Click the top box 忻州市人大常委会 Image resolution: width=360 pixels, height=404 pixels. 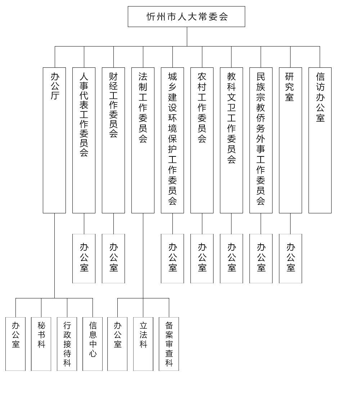186,17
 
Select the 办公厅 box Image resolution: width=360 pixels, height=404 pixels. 54,140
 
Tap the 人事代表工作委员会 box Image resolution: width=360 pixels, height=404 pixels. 84,140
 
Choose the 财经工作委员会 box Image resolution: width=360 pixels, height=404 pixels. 113,140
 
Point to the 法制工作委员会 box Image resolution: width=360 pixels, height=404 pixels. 143,140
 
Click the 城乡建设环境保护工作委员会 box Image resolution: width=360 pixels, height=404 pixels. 172,140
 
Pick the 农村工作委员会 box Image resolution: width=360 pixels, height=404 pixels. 202,140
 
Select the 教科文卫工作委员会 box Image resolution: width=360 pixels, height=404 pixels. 231,140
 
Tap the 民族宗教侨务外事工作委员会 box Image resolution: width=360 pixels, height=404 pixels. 261,140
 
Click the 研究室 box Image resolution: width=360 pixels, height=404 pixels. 291,140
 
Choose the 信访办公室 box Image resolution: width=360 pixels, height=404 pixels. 320,140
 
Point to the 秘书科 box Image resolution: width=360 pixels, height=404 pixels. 41,344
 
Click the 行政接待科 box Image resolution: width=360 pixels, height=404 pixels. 67,344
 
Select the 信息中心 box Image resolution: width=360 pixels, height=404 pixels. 93,344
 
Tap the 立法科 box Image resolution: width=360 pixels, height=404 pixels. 143,344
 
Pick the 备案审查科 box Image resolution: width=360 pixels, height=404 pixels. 169,344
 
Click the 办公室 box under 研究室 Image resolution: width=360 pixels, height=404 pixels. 291,258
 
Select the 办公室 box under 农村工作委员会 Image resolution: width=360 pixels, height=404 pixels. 202,258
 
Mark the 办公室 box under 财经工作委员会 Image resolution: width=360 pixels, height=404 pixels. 113,258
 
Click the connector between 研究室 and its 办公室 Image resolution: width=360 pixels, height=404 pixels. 291,223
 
